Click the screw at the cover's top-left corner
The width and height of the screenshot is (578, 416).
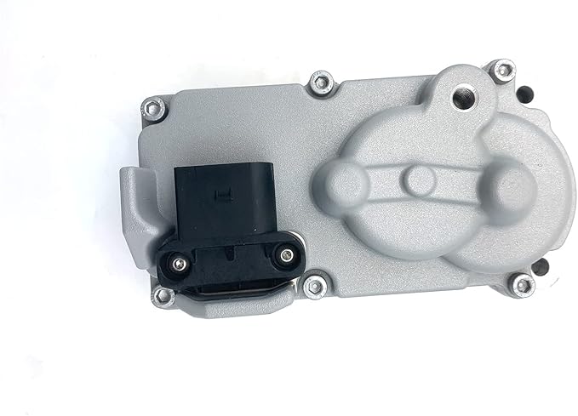153,107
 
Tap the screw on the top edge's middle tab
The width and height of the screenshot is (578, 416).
320,83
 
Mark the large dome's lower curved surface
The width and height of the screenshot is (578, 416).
426,247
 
